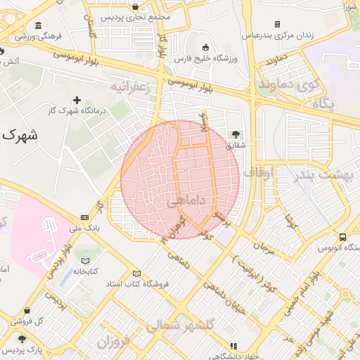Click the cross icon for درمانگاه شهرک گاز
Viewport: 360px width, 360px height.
(77, 100)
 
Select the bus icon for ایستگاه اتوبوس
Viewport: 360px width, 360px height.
(342, 237)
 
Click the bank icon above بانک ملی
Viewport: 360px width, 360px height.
(84, 217)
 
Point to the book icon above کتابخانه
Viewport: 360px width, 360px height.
(86, 260)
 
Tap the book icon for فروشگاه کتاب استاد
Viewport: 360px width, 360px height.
(136, 274)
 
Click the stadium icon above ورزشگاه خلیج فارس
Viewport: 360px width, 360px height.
(205, 46)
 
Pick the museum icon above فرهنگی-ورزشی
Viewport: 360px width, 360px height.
(37, 25)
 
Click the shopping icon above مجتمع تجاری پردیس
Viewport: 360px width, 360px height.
(135, 6)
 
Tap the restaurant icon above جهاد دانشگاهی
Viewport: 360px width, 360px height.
(234, 346)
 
